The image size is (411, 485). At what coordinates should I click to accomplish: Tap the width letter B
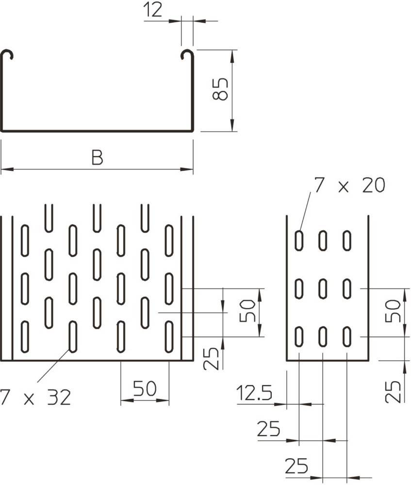[x=98, y=158]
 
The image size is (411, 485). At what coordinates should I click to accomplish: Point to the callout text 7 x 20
[x=349, y=185]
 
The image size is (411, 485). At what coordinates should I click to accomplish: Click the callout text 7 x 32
[x=36, y=398]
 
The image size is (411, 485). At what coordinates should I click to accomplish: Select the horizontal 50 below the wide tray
[x=145, y=389]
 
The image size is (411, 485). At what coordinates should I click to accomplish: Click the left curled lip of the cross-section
[x=7, y=55]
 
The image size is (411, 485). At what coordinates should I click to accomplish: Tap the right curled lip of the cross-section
[x=187, y=55]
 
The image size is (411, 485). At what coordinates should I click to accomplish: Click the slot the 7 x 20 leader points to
[x=299, y=241]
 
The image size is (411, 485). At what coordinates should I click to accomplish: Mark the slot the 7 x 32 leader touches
[x=73, y=336]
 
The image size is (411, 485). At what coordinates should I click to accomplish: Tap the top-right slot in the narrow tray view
[x=347, y=241]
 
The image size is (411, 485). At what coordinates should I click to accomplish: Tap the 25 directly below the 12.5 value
[x=268, y=429]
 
